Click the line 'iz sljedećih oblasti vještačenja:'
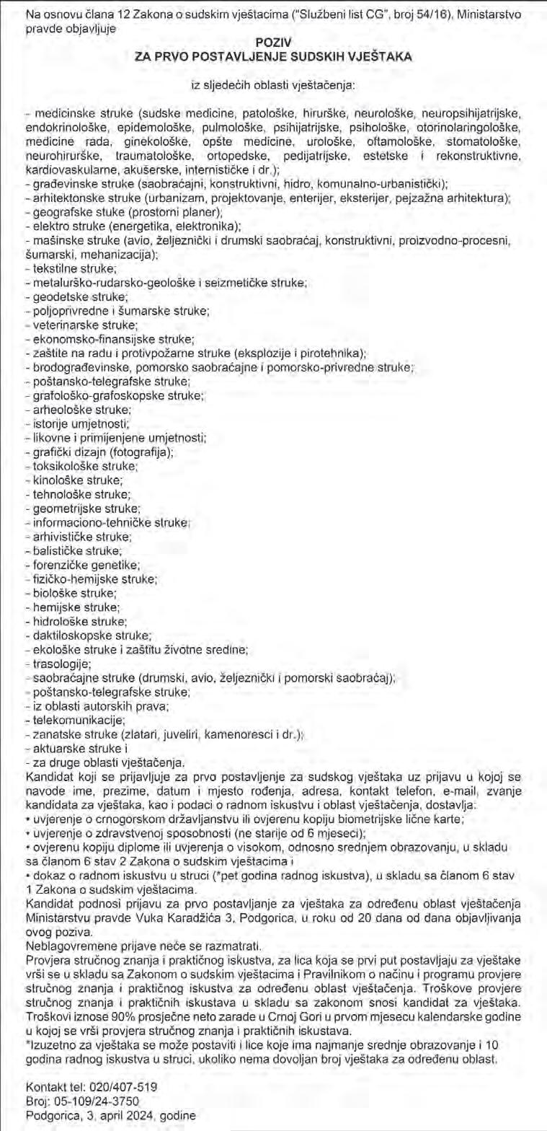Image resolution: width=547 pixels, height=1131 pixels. (273, 85)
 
